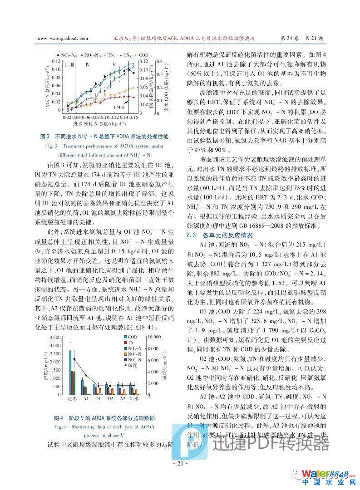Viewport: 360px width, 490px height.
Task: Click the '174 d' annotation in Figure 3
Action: tap(118, 107)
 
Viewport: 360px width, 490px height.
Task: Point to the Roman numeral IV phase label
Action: tap(88, 65)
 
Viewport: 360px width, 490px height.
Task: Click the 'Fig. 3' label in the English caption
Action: tap(50, 146)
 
